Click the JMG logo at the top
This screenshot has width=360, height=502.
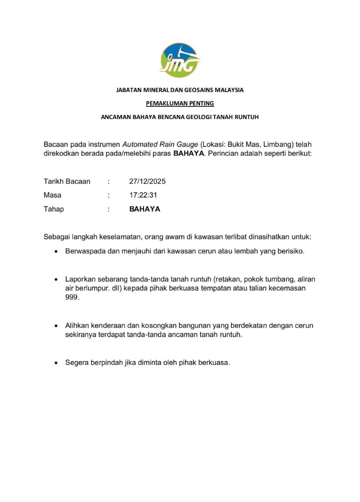coord(180,60)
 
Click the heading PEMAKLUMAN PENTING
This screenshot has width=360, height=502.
coord(180,103)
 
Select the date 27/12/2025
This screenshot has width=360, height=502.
coord(147,181)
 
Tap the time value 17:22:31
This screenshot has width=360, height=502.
coord(143,195)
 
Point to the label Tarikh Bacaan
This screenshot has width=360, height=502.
coord(67,181)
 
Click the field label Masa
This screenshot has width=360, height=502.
coord(52,195)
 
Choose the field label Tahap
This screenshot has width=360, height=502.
coord(54,209)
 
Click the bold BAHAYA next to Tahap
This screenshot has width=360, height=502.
coord(144,209)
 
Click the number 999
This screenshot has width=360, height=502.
coord(72,297)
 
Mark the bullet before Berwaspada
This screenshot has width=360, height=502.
coord(56,251)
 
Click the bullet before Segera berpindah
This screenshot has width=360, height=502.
coord(56,363)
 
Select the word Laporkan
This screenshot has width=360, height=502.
coord(79,279)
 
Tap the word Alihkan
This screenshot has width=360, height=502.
coord(78,325)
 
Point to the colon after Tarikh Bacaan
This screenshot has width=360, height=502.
coord(109,181)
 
